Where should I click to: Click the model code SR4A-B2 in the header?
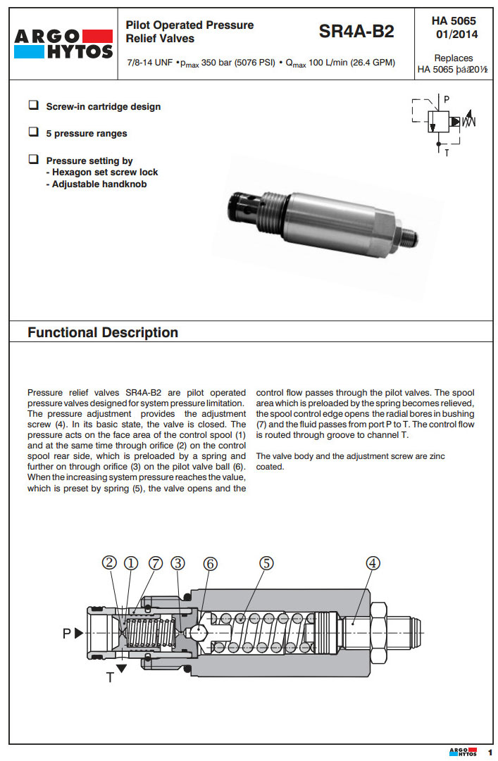[356, 32]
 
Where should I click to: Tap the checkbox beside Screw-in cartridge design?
[33, 106]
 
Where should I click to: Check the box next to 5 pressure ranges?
[33, 132]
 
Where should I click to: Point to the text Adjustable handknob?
[99, 184]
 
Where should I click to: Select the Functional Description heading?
[103, 332]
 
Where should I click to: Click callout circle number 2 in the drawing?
[109, 562]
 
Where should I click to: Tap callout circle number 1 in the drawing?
[130, 562]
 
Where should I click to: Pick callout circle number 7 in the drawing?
[155, 562]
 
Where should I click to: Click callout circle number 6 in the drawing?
[210, 562]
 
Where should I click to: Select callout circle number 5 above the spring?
[266, 562]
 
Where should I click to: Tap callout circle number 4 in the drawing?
[373, 562]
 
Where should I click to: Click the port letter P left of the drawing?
[67, 633]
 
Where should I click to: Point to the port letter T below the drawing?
[110, 677]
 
